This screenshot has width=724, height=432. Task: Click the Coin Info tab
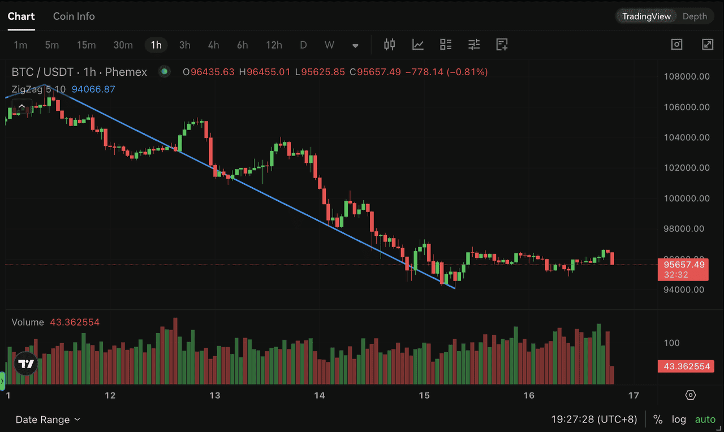coord(74,16)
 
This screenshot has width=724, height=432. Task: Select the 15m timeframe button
coord(87,45)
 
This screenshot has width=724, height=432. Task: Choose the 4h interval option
coord(213,45)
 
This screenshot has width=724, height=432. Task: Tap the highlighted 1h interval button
coord(156,45)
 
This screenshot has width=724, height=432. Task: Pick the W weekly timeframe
coord(329,45)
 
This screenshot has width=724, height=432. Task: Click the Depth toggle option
coord(695,16)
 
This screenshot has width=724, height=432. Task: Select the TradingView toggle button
coord(647,16)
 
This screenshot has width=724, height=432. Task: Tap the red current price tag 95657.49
coord(684,265)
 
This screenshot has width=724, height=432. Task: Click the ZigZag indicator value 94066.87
coord(93,89)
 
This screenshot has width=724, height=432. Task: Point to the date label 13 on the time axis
coord(215,395)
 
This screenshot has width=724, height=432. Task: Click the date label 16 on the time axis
coord(529,395)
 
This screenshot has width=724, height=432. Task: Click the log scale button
coord(679,420)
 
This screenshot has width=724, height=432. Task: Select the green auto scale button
coord(705,420)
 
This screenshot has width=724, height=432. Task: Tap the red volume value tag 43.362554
coord(686,366)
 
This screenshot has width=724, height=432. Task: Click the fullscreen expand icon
coord(708,45)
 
